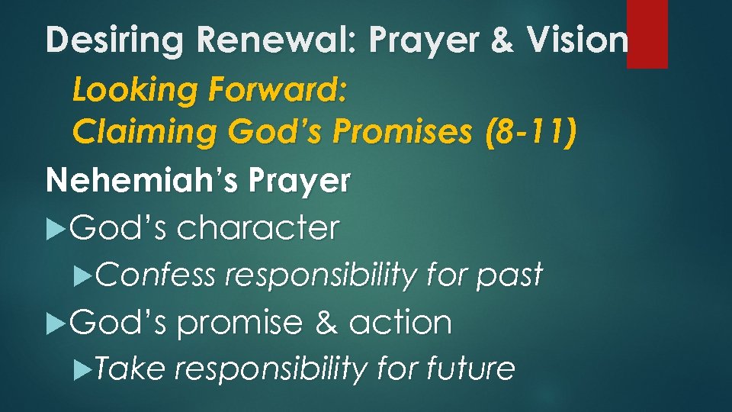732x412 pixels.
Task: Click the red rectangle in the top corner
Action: [647, 34]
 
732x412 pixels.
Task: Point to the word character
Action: [258, 227]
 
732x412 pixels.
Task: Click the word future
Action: [470, 369]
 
